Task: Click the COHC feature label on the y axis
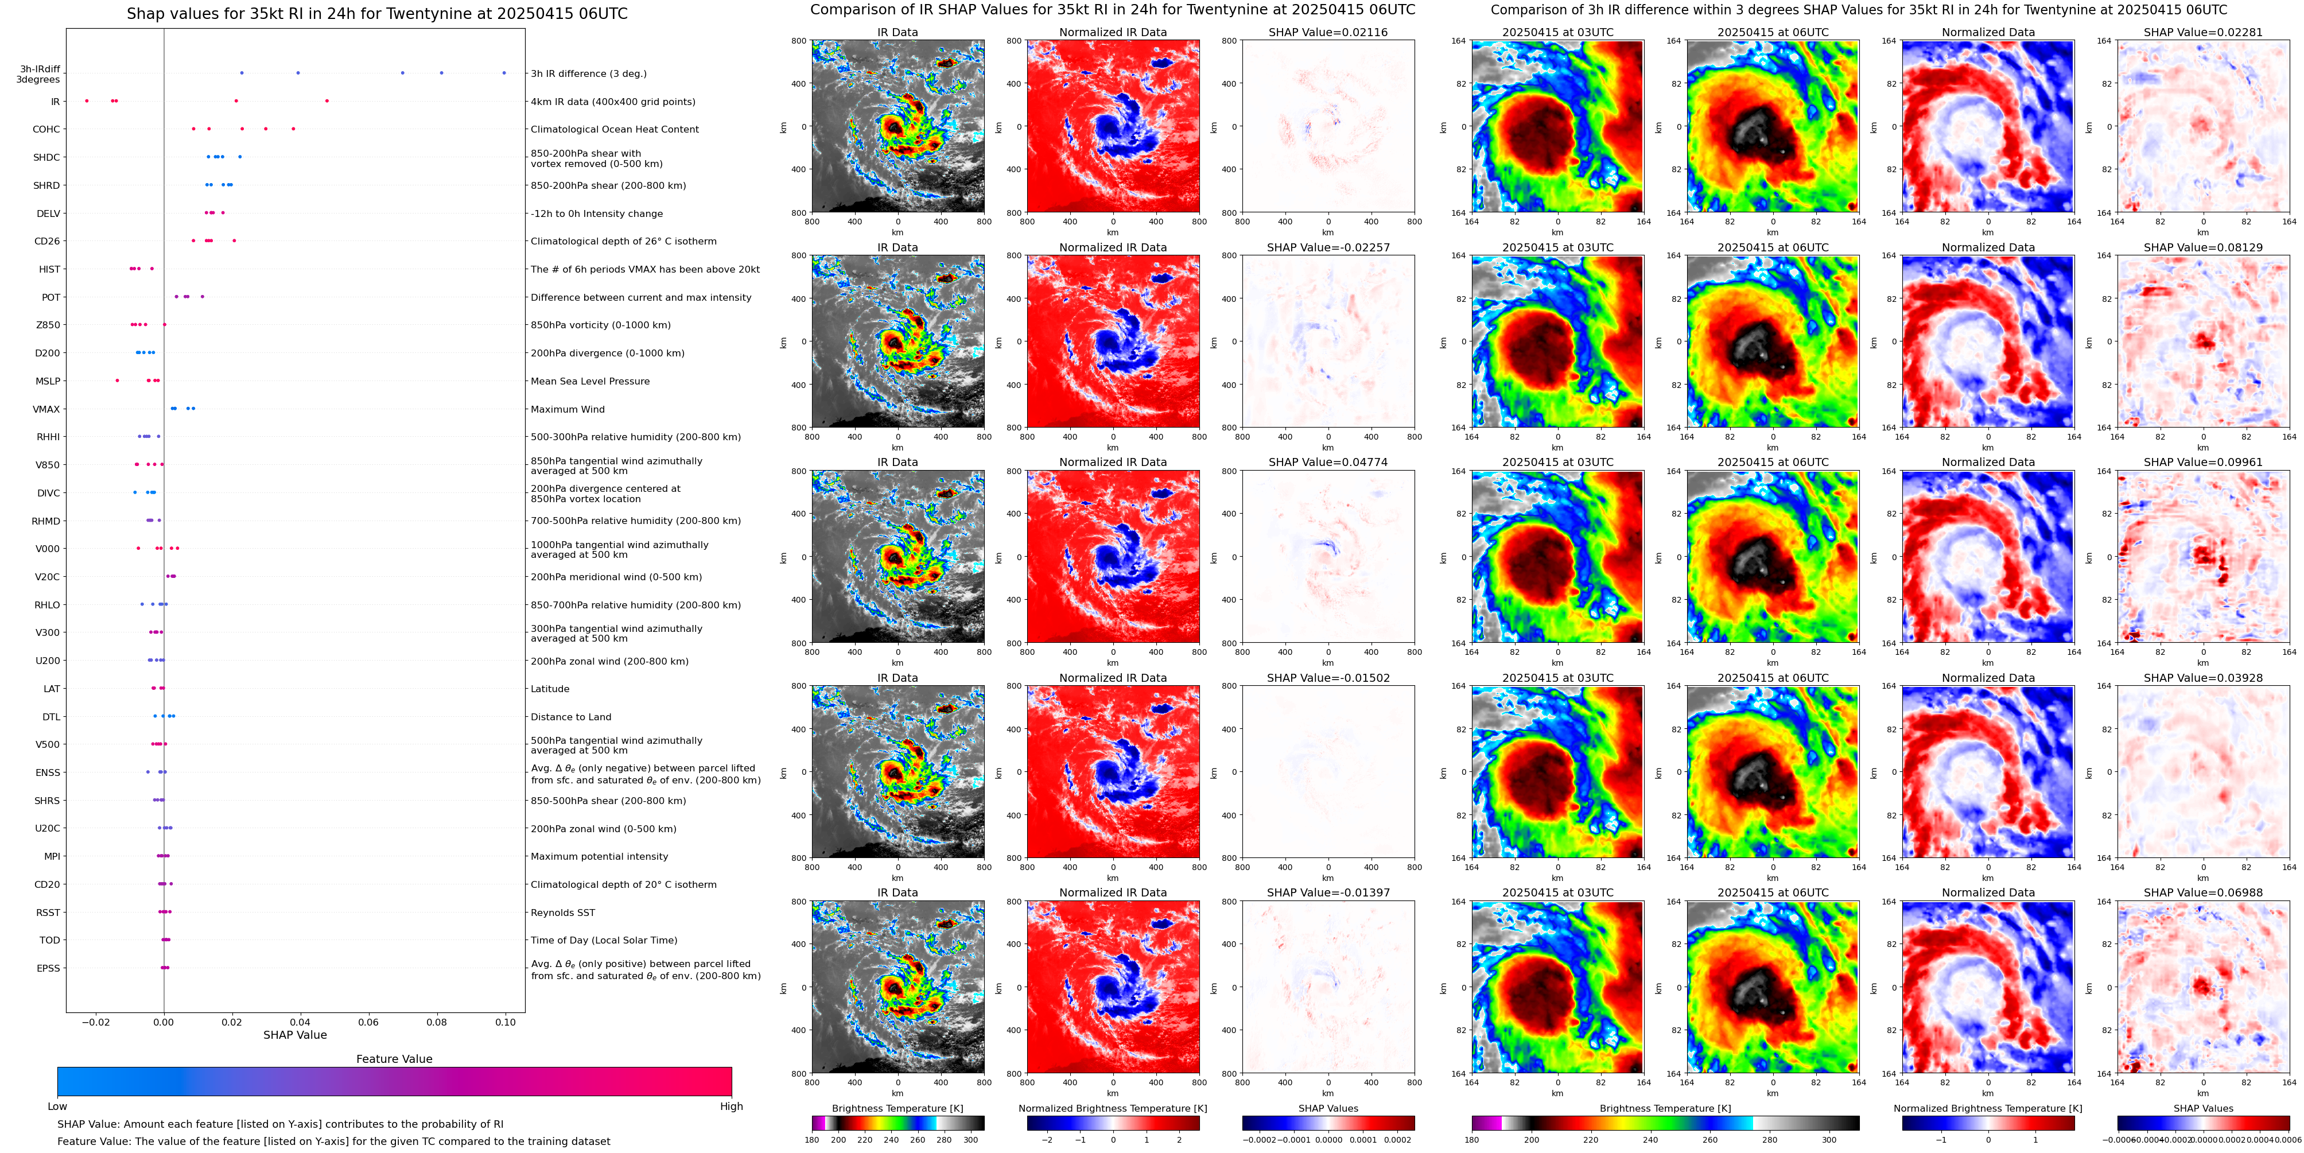pos(46,130)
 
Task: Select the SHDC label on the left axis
pos(46,157)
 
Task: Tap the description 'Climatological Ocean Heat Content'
pos(615,130)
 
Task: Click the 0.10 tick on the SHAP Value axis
pos(506,1022)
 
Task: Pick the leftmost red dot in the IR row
pos(87,101)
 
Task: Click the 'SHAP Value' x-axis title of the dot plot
pos(295,1035)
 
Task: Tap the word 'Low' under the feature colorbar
pos(57,1107)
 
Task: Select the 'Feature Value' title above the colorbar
pos(394,1059)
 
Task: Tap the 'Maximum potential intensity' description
pos(599,857)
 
